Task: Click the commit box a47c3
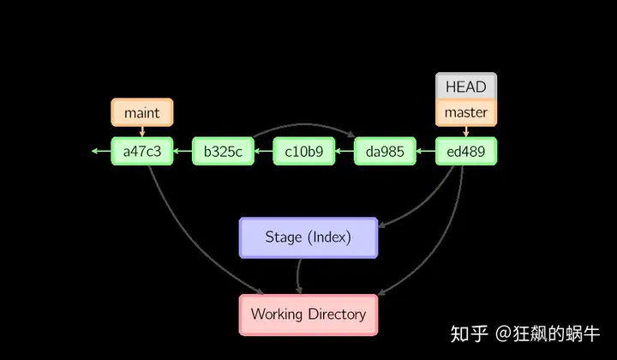point(142,151)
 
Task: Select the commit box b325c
point(223,151)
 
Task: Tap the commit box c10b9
point(304,151)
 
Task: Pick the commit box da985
point(385,151)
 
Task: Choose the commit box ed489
point(466,151)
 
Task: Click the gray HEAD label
point(466,87)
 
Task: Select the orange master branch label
point(466,113)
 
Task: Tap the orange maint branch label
point(142,112)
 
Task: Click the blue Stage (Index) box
point(308,237)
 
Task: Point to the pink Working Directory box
point(308,315)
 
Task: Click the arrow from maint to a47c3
point(142,132)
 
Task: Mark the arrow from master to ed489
point(466,132)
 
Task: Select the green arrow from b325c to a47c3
point(183,151)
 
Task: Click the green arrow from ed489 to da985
point(425,151)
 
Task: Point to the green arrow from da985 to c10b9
point(344,151)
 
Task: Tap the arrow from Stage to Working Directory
point(297,276)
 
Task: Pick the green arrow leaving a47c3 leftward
point(101,151)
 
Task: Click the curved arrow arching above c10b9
point(304,124)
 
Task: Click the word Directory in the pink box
point(338,315)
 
